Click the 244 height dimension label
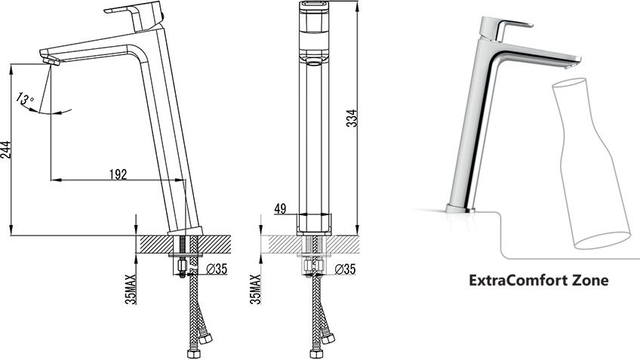tap(5, 149)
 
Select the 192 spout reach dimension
tap(118, 174)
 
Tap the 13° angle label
tap(25, 100)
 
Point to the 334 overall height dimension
tap(352, 118)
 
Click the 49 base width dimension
tap(280, 209)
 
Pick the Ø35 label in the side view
tap(217, 269)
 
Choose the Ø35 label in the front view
tap(345, 269)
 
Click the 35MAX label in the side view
tap(131, 289)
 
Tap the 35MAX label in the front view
tap(256, 289)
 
